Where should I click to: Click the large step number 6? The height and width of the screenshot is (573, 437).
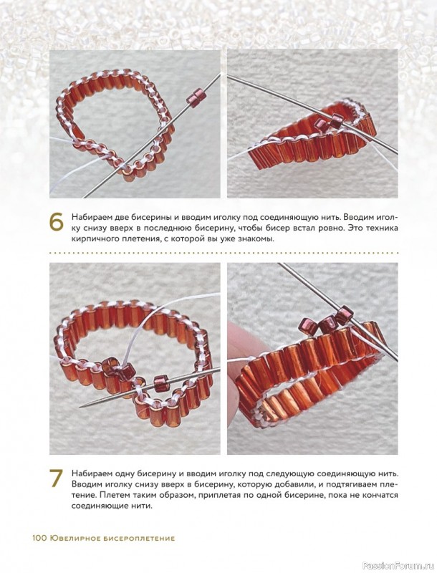pyautogui.click(x=56, y=222)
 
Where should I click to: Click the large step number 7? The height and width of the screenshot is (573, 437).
pyautogui.click(x=57, y=478)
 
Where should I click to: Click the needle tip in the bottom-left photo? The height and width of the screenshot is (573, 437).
pyautogui.click(x=82, y=407)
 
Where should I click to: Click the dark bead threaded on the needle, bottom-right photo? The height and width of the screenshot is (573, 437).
pyautogui.click(x=344, y=314)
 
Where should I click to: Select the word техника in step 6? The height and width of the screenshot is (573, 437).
pyautogui.click(x=382, y=228)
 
